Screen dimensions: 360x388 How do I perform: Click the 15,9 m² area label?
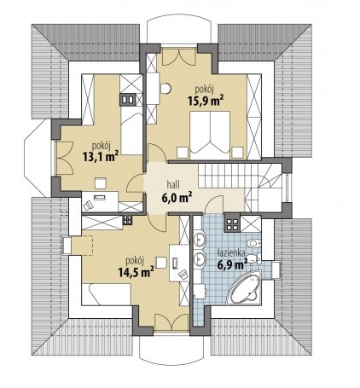pyautogui.click(x=205, y=101)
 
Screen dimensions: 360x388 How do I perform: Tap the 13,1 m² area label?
pyautogui.click(x=101, y=156)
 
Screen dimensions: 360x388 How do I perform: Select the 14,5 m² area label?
pyautogui.click(x=136, y=271)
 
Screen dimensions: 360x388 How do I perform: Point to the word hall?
pyautogui.click(x=173, y=185)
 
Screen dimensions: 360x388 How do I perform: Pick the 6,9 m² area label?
pyautogui.click(x=232, y=264)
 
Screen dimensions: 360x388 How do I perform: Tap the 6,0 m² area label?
pyautogui.click(x=176, y=198)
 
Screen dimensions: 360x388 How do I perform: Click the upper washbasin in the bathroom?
pyautogui.click(x=200, y=239)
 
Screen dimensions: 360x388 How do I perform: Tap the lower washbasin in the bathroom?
pyautogui.click(x=200, y=259)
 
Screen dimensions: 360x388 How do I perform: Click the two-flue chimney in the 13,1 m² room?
pyautogui.click(x=127, y=100)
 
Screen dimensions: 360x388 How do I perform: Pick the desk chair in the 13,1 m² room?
pyautogui.click(x=88, y=205)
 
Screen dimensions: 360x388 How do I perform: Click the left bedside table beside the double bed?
pyautogui.click(x=183, y=153)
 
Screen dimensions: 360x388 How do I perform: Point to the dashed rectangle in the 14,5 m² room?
pyautogui.click(x=83, y=246)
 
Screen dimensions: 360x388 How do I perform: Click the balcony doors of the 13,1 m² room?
pyautogui.click(x=64, y=158)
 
